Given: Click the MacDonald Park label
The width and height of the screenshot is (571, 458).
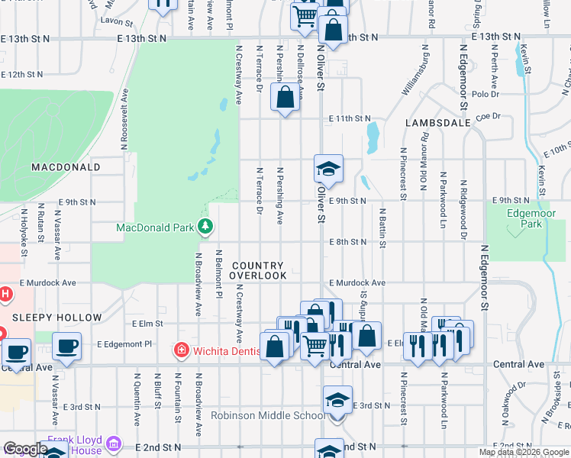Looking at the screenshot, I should pyautogui.click(x=155, y=227).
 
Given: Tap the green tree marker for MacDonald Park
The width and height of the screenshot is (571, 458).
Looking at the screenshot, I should pyautogui.click(x=205, y=226).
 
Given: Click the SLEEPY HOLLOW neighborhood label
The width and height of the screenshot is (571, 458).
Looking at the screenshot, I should pyautogui.click(x=56, y=317).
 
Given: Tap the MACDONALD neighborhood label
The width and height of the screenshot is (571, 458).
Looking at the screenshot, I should pyautogui.click(x=66, y=166).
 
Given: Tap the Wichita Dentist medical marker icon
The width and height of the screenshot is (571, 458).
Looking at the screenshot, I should pyautogui.click(x=182, y=351).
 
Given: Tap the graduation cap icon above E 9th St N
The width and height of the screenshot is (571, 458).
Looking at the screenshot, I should pyautogui.click(x=328, y=169).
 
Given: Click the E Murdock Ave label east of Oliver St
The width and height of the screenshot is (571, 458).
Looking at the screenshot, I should pyautogui.click(x=357, y=282).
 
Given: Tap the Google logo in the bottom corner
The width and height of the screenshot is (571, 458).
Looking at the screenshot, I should pyautogui.click(x=24, y=449).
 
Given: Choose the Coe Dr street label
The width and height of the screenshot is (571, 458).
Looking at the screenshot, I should pyautogui.click(x=487, y=116).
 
